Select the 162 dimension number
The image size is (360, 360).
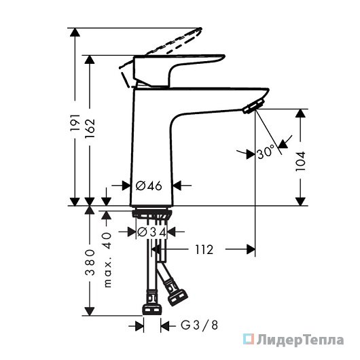(90, 128)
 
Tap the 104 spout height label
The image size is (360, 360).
(300, 161)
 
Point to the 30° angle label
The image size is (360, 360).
(266, 151)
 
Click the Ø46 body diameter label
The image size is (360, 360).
(149, 185)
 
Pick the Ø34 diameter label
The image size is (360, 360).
(151, 232)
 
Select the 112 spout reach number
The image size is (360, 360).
(204, 249)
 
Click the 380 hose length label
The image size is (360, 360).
(90, 262)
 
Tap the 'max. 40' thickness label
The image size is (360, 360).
(107, 260)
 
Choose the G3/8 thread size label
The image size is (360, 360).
(199, 325)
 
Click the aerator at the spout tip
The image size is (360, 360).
(254, 106)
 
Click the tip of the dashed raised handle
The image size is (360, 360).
(200, 29)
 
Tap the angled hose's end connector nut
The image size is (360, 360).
(178, 298)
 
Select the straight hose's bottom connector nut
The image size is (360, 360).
(151, 309)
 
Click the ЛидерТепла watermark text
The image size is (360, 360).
(300, 340)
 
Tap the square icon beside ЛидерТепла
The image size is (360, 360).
(249, 340)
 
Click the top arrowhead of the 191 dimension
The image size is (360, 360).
(75, 33)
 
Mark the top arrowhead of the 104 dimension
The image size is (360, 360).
(300, 113)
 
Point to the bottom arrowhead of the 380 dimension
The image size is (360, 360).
(90, 311)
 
